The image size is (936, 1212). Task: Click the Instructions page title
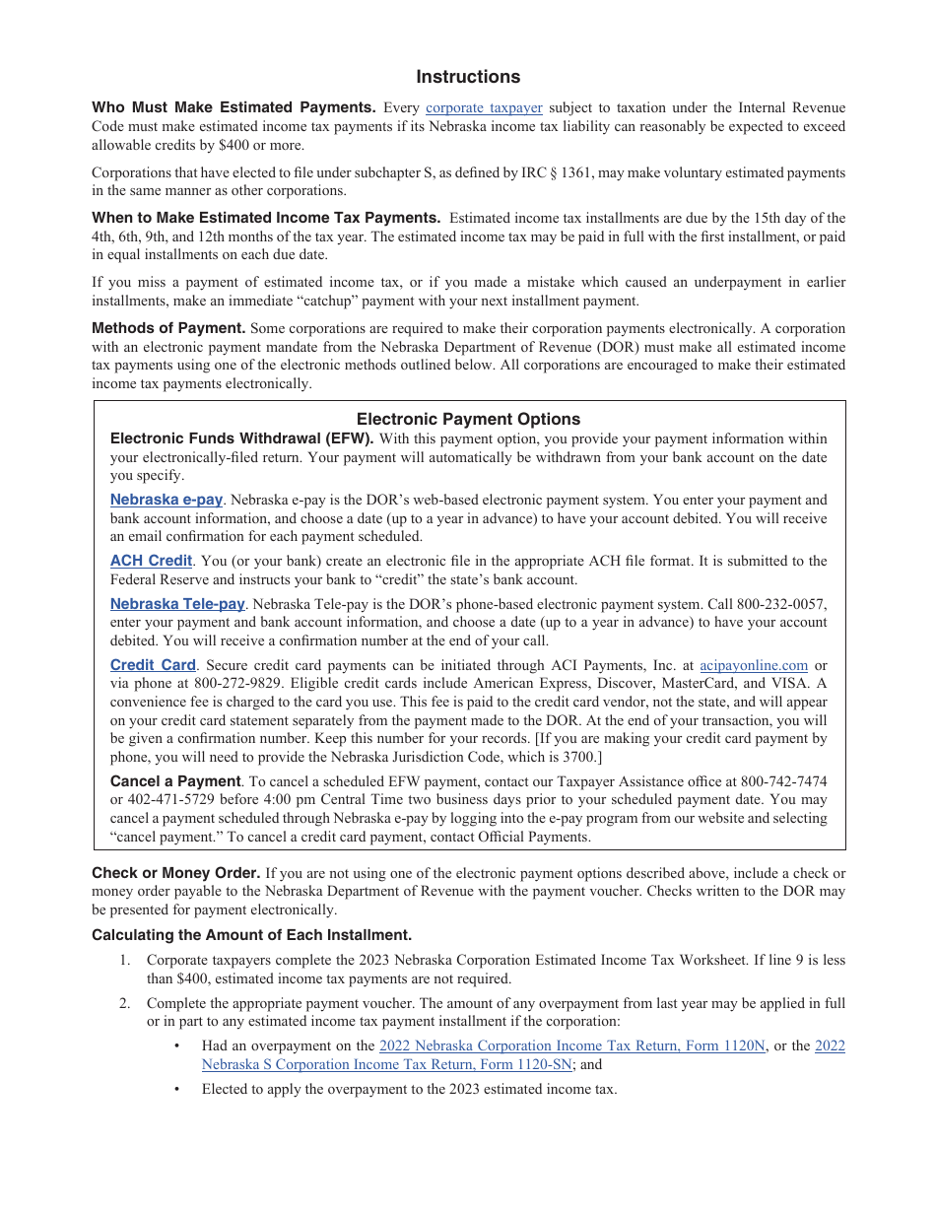point(468,77)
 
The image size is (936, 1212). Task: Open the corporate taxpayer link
point(484,107)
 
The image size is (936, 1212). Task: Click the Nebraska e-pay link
point(167,500)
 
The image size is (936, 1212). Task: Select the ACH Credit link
point(151,561)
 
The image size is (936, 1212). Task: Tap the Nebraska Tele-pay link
point(177,604)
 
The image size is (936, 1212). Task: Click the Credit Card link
point(153,665)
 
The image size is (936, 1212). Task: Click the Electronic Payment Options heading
point(468,419)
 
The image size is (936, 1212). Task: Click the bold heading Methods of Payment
point(168,328)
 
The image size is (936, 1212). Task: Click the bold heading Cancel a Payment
point(175,780)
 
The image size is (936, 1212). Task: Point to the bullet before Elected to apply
point(176,1089)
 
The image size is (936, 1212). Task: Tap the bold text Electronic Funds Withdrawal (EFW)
point(241,438)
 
